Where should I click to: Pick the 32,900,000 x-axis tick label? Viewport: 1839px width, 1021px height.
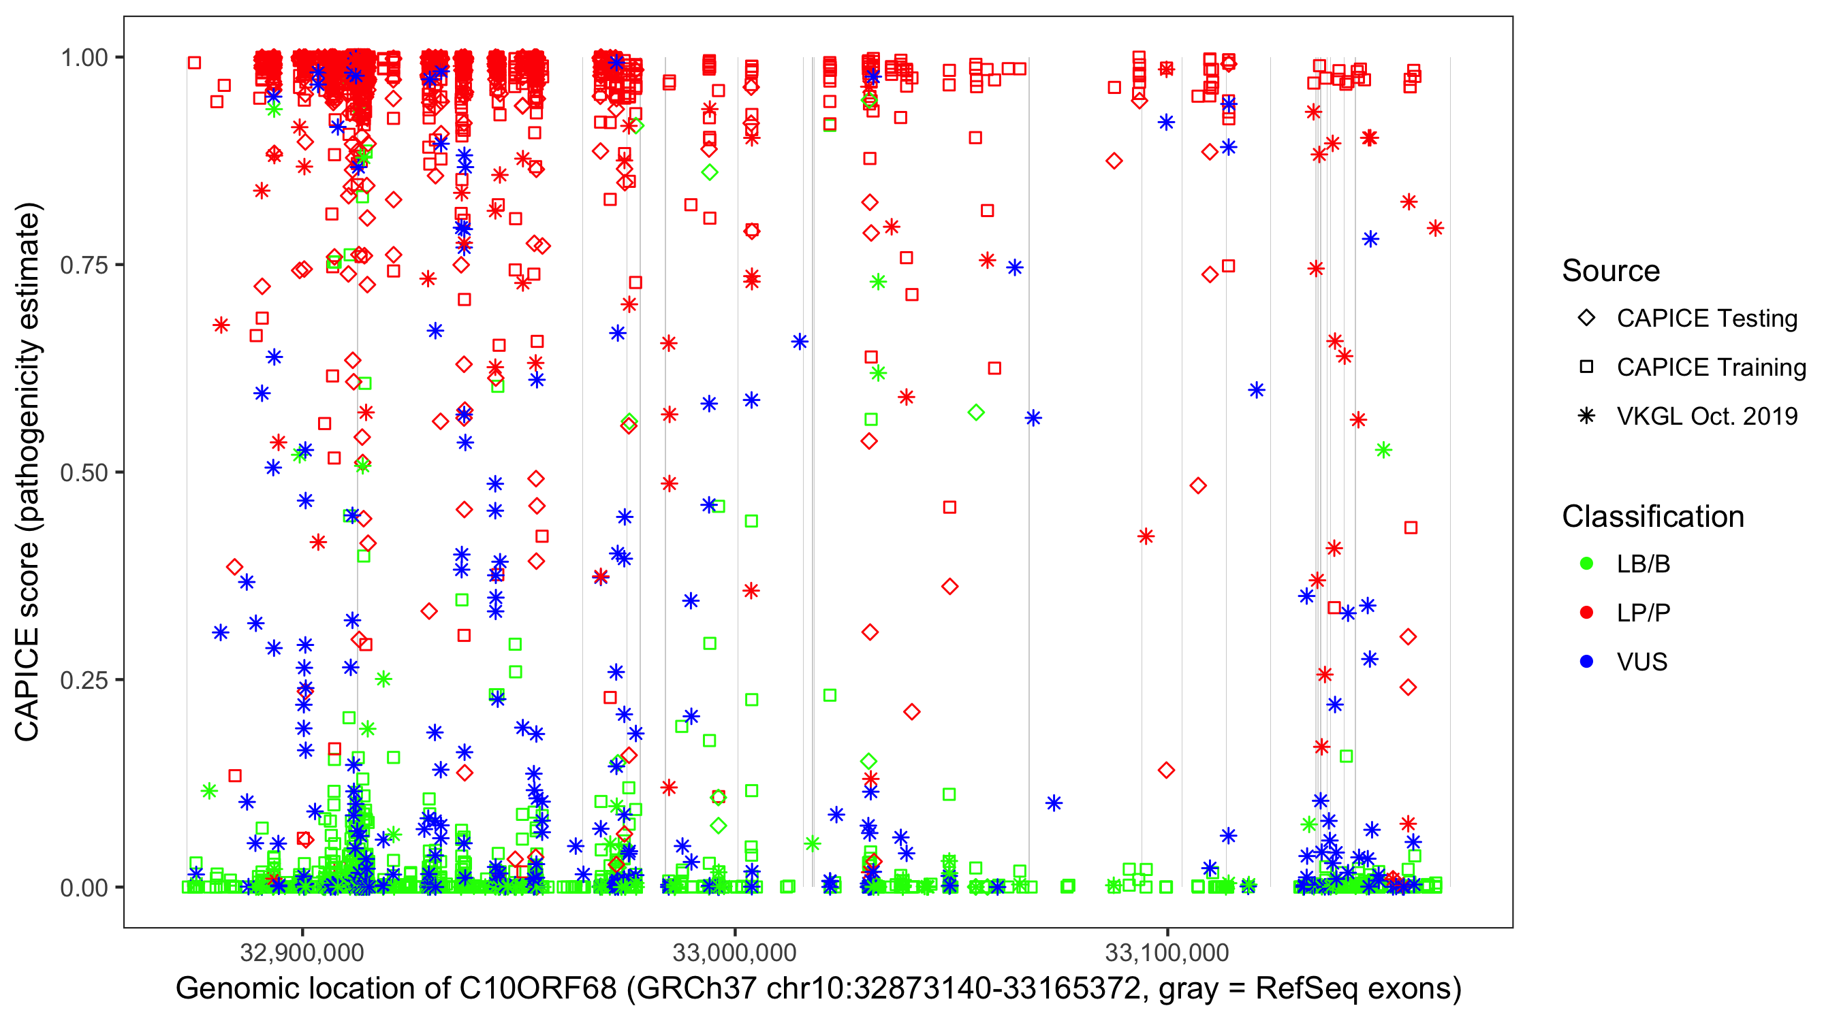click(302, 952)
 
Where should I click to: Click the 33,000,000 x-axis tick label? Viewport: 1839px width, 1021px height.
click(735, 952)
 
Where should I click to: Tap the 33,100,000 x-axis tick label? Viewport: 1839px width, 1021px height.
click(1167, 952)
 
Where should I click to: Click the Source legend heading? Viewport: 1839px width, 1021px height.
click(1611, 271)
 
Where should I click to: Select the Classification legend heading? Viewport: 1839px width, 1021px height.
click(1652, 517)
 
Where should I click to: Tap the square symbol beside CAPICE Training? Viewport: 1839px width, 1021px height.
click(1586, 368)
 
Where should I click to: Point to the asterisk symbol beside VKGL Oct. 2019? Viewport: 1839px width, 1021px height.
click(1586, 416)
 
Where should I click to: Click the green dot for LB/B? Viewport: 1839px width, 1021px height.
click(1586, 564)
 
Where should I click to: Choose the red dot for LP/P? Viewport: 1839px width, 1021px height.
click(1586, 613)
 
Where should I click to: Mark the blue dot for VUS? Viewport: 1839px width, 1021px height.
click(1586, 662)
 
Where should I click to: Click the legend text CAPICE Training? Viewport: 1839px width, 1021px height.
click(1711, 368)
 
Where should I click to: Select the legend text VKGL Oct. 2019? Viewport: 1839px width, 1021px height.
click(1707, 416)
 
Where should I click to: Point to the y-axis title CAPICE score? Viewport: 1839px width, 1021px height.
click(27, 642)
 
